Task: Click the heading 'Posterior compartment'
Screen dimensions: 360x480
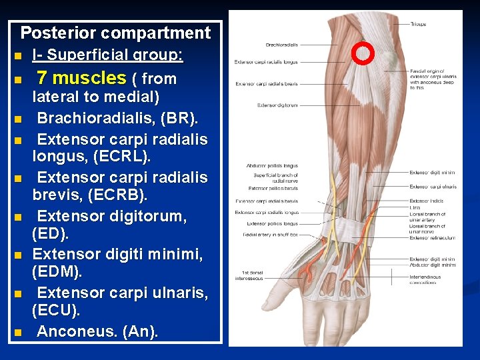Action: (115, 33)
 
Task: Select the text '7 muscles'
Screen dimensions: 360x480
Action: (81, 79)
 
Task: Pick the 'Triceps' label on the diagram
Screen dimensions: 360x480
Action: (418, 25)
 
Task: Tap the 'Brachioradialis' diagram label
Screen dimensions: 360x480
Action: (281, 45)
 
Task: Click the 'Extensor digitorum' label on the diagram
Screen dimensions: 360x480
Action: (277, 105)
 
